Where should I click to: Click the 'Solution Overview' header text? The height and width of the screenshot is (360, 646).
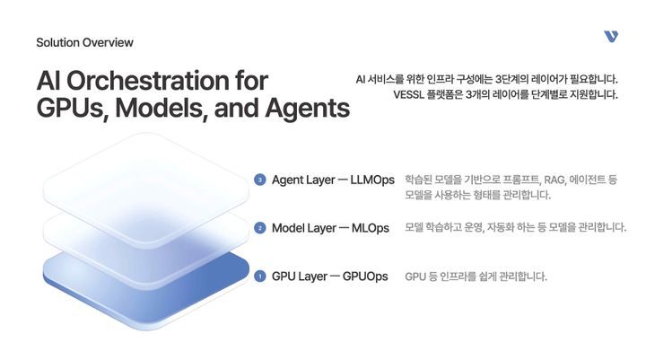tap(84, 42)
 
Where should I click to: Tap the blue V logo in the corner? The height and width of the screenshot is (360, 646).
tap(611, 36)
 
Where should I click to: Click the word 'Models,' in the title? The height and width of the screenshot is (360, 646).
tap(166, 109)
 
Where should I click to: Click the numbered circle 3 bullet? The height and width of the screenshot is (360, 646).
tap(260, 180)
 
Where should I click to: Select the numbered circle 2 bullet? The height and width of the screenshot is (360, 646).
tap(260, 228)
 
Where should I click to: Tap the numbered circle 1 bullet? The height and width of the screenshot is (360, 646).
tap(260, 277)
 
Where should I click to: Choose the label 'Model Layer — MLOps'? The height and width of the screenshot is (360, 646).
tap(330, 228)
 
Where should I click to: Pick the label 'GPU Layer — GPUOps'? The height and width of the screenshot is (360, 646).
tap(329, 277)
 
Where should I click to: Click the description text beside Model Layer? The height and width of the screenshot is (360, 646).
tap(515, 228)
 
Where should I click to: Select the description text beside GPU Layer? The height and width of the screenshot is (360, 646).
tap(476, 277)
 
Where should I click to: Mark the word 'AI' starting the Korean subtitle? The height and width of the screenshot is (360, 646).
tap(362, 79)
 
